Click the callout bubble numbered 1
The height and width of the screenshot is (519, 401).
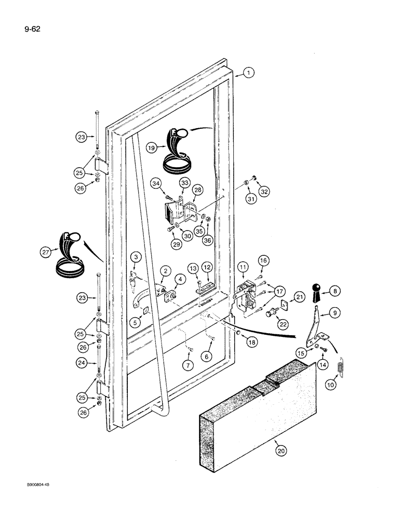click(249, 73)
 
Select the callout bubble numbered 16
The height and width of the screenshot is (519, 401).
click(263, 259)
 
